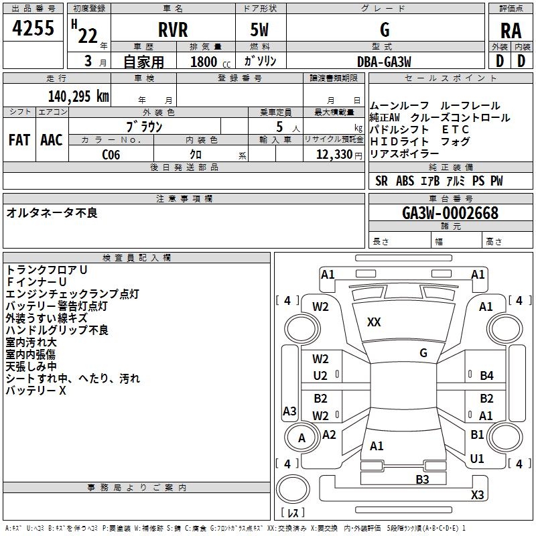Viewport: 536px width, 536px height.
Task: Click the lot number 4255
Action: pos(33,28)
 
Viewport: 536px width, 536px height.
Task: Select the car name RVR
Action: pos(173,29)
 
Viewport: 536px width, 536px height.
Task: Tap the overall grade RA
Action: pos(511,31)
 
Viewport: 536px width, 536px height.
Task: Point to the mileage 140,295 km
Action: pos(78,96)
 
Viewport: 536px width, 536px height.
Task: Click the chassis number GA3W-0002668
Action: pos(450,213)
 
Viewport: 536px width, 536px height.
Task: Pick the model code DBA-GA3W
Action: pos(384,62)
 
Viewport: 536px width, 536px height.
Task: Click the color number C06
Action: pos(111,155)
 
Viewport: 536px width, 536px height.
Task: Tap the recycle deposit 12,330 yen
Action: pos(339,155)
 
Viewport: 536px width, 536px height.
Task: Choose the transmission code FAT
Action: pos(19,140)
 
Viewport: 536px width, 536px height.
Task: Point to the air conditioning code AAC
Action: pos(52,140)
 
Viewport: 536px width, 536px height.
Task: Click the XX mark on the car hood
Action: pos(374,322)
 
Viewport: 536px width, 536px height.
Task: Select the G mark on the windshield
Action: pos(423,353)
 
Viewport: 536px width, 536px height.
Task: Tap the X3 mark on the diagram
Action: pos(477,494)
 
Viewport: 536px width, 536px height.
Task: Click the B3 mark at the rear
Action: pos(422,480)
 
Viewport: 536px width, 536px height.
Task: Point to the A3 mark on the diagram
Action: pos(289,411)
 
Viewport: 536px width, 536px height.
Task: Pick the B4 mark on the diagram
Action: pos(487,376)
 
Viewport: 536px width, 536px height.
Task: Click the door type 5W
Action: pos(259,29)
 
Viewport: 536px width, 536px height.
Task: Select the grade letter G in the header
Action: pos(385,29)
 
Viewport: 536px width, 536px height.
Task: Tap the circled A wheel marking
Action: pos(301,438)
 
